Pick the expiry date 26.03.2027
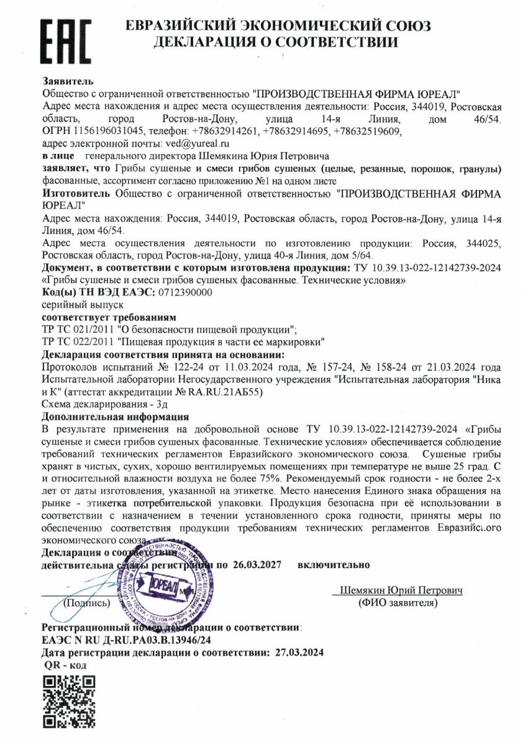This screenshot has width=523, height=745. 257,565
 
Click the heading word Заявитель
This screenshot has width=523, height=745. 68,81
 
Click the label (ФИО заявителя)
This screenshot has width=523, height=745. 398,602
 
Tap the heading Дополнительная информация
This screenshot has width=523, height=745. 115,417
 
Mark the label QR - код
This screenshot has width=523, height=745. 65,665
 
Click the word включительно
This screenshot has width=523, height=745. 334,565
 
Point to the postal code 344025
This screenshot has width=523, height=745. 480,243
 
